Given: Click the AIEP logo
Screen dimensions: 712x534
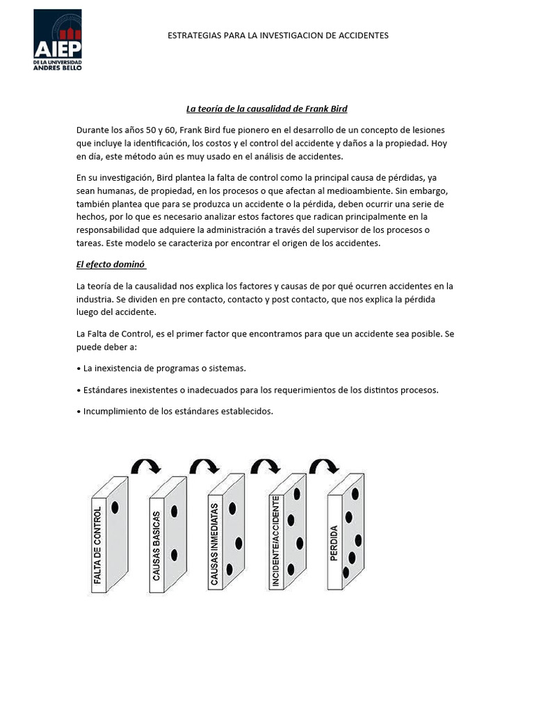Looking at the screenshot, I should pos(58,40).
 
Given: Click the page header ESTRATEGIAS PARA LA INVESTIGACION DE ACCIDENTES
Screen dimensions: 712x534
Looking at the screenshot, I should pos(278,35).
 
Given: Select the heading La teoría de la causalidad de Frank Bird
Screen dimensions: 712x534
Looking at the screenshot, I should pos(266,108).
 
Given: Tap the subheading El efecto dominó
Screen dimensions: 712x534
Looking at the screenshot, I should pos(110,264).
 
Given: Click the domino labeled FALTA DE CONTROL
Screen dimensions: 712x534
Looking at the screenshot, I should pos(108,535).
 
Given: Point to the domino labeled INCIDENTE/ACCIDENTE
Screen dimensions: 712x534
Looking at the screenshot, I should pos(286,532).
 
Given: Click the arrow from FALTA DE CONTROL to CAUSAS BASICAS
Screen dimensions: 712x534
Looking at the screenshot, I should pos(146,467).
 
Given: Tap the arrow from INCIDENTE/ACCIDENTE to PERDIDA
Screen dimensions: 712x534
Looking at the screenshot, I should pos(323,466).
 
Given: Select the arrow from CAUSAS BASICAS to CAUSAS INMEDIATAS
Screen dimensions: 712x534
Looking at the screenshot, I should pos(204,467).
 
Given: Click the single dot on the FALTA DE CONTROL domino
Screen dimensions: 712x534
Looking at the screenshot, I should pos(115,508).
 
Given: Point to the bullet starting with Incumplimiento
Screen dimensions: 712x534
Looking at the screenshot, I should pos(178,411).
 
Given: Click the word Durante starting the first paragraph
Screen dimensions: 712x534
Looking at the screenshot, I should pos(93,130).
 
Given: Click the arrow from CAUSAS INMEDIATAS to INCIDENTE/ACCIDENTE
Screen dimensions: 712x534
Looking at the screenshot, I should pos(265,467).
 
